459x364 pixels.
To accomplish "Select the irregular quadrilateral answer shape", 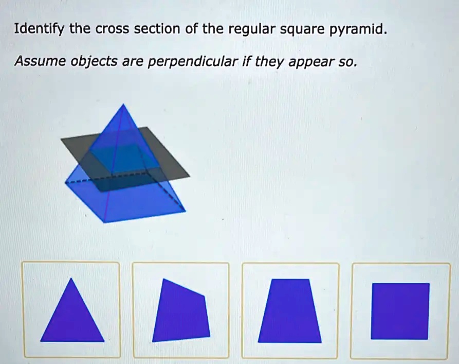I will point(181,311).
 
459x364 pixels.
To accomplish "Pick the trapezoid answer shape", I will point(290,311).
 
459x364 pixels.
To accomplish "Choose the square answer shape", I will point(400,311).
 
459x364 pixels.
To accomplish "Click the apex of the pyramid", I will point(122,105).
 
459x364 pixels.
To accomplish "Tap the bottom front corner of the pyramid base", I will point(104,222).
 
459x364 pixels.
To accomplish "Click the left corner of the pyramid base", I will point(65,183).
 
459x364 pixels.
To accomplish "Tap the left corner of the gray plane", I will point(61,139).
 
